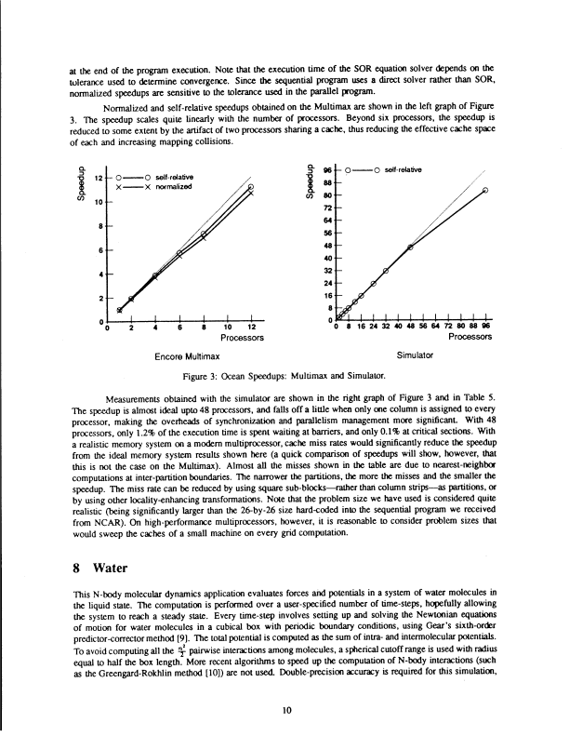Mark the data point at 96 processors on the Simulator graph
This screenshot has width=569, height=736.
(x=486, y=191)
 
